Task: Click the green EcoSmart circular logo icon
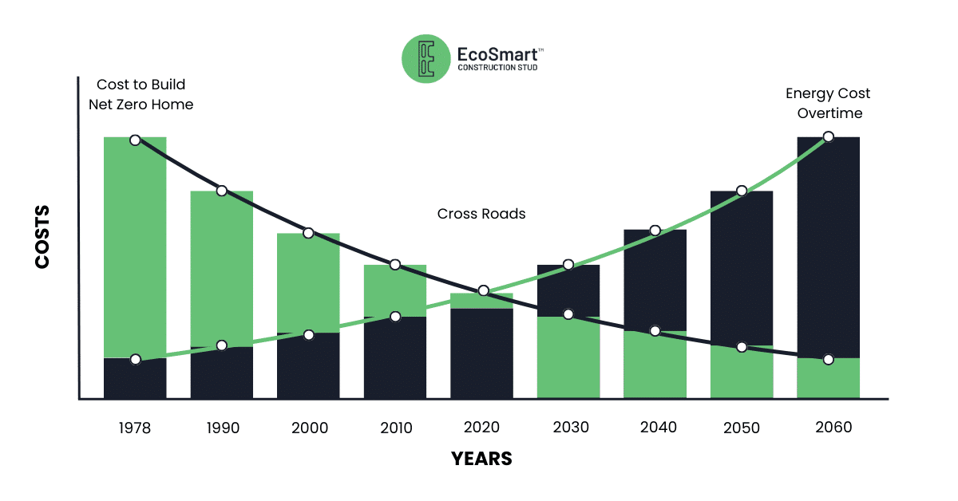(x=426, y=59)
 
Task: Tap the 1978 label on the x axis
(x=135, y=428)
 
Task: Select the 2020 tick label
(x=483, y=428)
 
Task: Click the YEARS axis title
(x=481, y=459)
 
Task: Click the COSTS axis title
(x=42, y=237)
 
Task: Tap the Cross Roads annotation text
(x=481, y=214)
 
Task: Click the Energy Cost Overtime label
(x=828, y=104)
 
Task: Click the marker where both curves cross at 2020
(x=483, y=290)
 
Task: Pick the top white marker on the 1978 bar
(x=135, y=140)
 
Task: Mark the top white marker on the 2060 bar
(x=829, y=136)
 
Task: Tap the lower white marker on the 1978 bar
(x=135, y=359)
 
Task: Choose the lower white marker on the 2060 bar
(x=829, y=359)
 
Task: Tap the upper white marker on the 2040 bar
(x=655, y=231)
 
